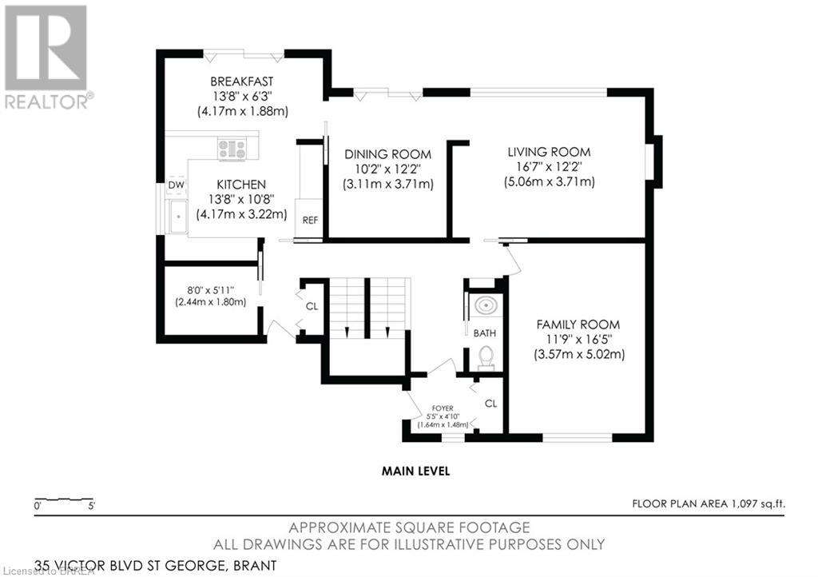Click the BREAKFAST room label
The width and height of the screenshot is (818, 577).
click(x=241, y=82)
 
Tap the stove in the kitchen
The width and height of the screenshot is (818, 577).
click(x=232, y=149)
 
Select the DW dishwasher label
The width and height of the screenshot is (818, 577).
click(x=177, y=185)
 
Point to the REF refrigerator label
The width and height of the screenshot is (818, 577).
click(x=310, y=220)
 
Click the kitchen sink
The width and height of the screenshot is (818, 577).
click(x=177, y=216)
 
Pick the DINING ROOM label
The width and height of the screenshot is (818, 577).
click(x=387, y=154)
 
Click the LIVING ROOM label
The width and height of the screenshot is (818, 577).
click(x=549, y=153)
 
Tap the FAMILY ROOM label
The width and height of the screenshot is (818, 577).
click(x=578, y=324)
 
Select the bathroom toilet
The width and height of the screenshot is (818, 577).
click(x=485, y=357)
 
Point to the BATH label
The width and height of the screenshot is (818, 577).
click(x=485, y=333)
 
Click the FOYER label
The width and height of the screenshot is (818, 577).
click(x=443, y=408)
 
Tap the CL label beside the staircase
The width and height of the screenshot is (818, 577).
click(x=312, y=306)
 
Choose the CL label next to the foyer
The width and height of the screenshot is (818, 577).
click(x=490, y=404)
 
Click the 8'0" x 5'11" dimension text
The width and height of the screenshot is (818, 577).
click(x=211, y=290)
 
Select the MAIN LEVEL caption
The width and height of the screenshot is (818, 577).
click(x=415, y=471)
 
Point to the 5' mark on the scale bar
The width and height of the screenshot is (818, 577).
click(x=92, y=506)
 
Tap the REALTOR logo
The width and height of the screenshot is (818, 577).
click(x=46, y=58)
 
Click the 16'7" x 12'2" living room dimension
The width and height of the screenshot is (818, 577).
click(x=549, y=167)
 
